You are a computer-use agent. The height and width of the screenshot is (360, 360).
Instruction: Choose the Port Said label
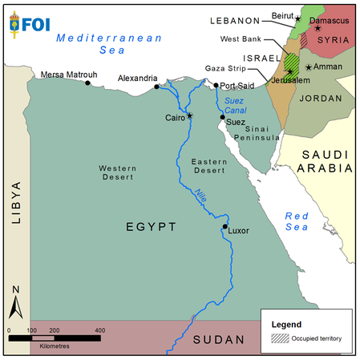click(x=237, y=85)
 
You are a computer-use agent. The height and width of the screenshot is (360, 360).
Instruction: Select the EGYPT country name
click(x=150, y=228)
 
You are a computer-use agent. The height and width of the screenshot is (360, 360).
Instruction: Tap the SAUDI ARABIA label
click(x=325, y=161)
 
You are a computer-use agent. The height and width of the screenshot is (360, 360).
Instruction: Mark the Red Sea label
click(x=297, y=221)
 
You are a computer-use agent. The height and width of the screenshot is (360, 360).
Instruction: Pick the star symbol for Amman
click(x=308, y=67)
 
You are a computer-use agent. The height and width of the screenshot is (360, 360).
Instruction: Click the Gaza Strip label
click(x=224, y=69)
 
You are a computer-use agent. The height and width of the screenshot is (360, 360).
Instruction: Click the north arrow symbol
click(x=15, y=305)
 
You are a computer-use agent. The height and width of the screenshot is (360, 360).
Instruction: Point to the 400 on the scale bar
click(x=100, y=330)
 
